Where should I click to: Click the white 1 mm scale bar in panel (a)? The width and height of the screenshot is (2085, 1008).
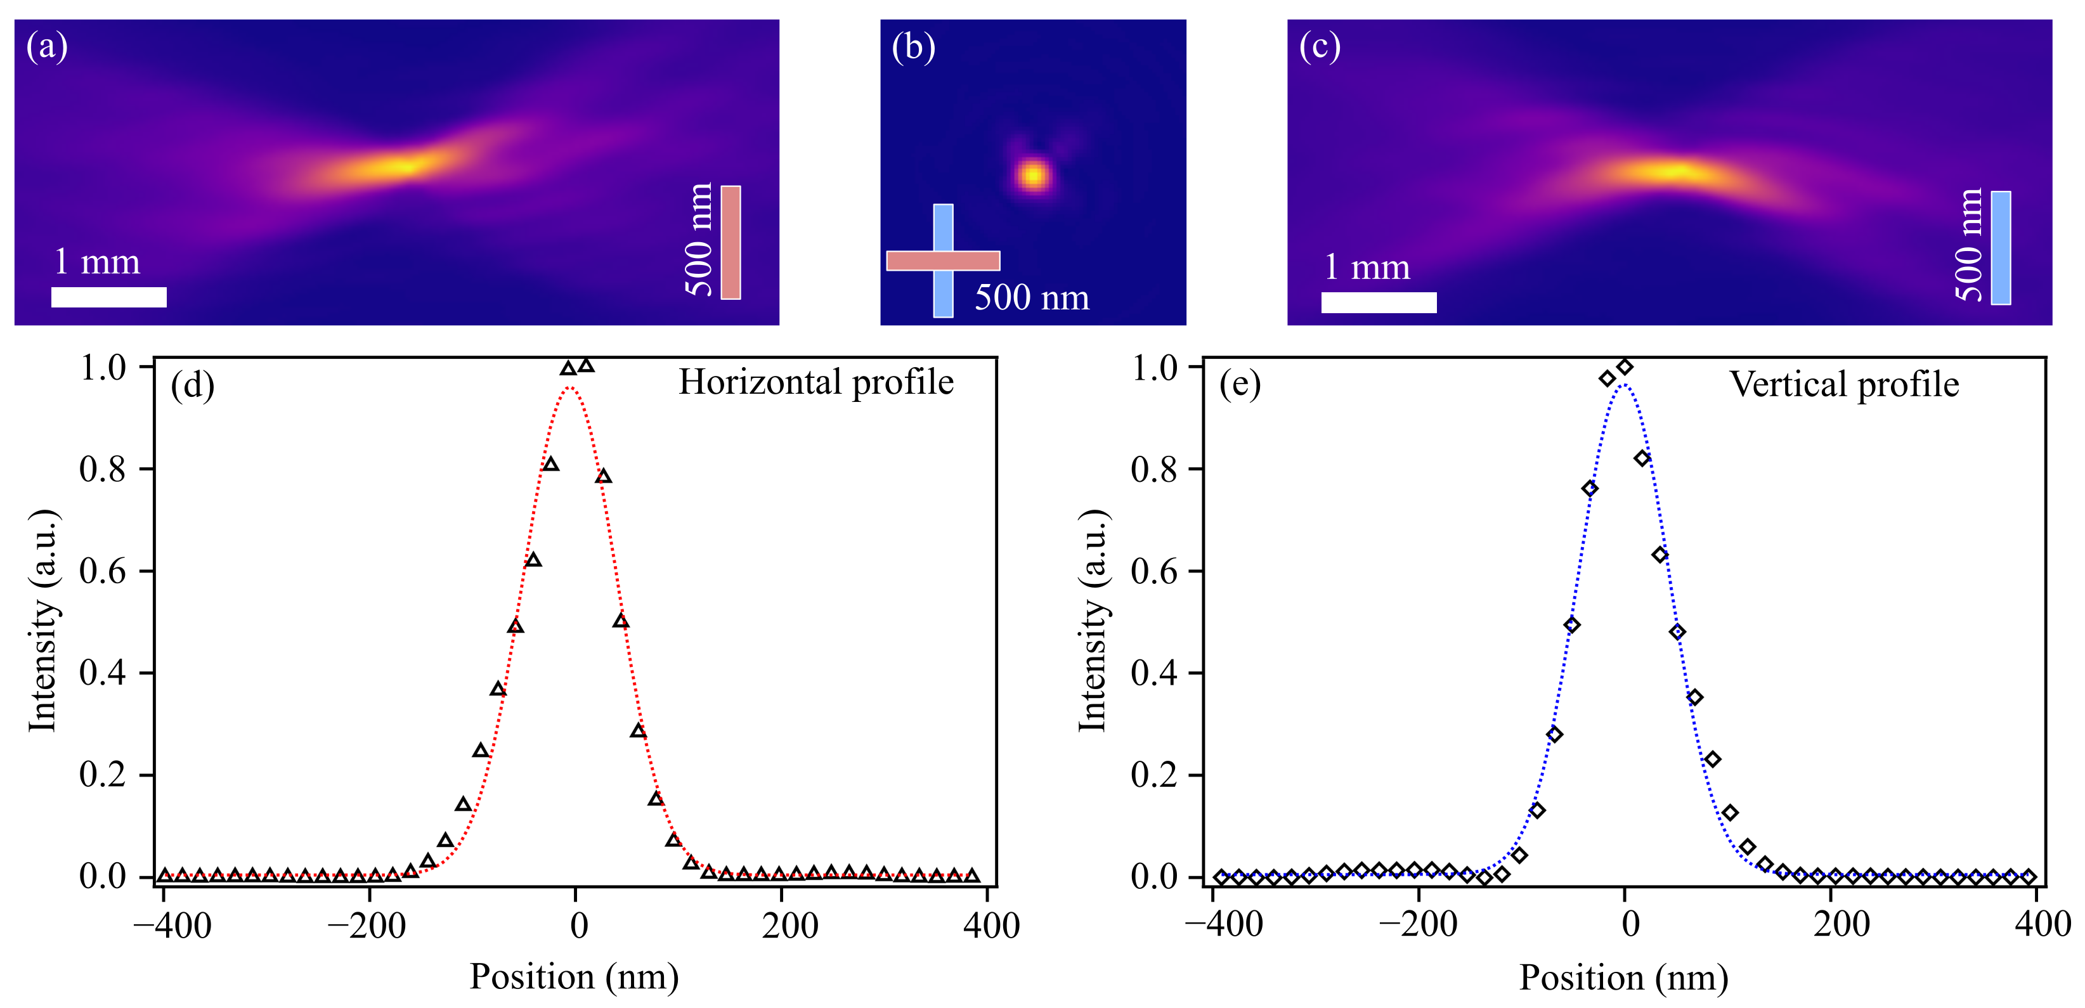point(109,297)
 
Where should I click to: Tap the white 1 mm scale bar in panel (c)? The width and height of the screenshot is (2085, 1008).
point(1379,302)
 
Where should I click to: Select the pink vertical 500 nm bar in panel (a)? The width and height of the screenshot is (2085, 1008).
point(731,243)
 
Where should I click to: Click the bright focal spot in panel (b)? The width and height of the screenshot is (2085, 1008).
point(1034,175)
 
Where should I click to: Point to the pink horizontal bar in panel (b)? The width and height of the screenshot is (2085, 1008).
point(943,261)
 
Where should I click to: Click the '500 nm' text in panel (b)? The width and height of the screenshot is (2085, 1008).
point(1032,298)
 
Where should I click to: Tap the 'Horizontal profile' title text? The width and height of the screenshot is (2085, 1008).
point(816,383)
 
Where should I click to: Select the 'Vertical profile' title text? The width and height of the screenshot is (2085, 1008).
point(1845,384)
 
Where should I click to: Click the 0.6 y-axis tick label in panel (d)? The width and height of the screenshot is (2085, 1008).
point(103,571)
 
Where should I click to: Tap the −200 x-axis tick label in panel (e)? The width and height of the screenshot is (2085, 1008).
point(1418,925)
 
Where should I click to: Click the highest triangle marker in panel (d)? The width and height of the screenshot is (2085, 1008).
point(586,366)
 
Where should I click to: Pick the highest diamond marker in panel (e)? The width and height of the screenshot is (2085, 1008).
point(1625,366)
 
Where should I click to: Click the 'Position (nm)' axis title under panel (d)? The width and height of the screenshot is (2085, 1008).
point(575,976)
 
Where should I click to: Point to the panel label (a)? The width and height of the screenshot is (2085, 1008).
point(47,46)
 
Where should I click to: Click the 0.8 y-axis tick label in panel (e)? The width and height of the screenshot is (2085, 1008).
point(1154,469)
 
